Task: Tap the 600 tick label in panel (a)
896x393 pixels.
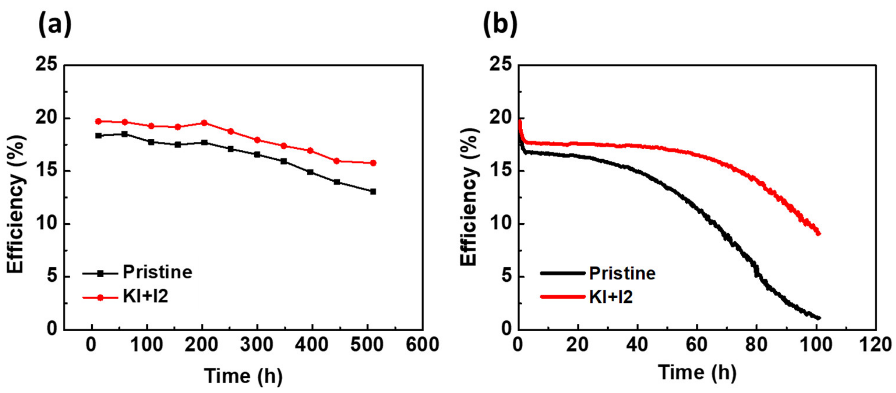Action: (422, 345)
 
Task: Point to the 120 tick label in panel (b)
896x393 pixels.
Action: (875, 345)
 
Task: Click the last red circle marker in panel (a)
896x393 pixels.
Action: (373, 163)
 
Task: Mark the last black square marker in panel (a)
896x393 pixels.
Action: (373, 192)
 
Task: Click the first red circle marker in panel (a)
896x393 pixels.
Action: (98, 122)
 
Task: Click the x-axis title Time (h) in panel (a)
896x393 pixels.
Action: (243, 376)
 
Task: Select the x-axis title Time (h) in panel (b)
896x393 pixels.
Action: (697, 372)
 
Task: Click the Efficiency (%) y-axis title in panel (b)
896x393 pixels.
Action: (469, 197)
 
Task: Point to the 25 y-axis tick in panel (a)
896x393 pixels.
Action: (46, 65)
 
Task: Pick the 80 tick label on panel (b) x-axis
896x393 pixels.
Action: (756, 345)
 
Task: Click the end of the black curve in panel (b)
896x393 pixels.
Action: (818, 318)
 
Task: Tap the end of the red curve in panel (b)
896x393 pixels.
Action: (818, 234)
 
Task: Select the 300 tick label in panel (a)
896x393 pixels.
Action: (257, 345)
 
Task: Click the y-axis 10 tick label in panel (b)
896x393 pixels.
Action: (500, 224)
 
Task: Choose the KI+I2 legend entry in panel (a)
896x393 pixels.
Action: (145, 297)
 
